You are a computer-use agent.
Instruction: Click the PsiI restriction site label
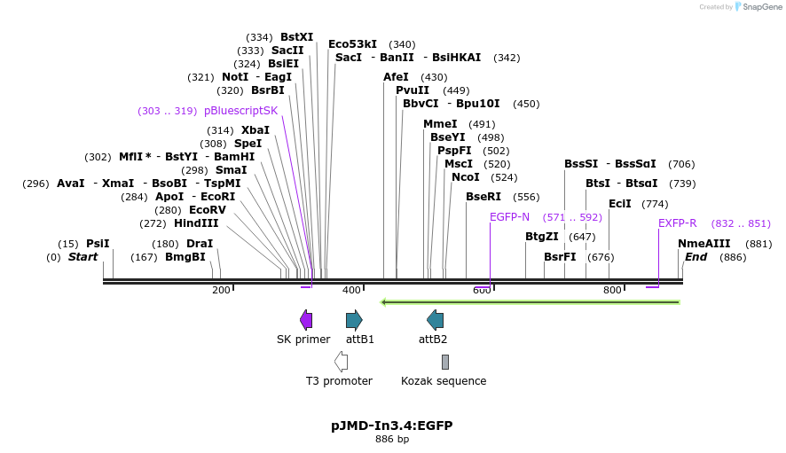[x=98, y=244]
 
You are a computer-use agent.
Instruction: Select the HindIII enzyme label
[x=196, y=223]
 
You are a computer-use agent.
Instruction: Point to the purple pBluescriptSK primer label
[x=240, y=111]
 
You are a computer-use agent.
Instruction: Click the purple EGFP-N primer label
[x=509, y=217]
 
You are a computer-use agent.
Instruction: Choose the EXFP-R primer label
[x=677, y=223]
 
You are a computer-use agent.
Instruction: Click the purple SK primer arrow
[x=306, y=320]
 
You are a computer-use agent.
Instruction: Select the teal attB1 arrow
[x=354, y=320]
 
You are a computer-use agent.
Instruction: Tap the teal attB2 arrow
[x=435, y=320]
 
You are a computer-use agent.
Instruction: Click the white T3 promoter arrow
[x=341, y=362]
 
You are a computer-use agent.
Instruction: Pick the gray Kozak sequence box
[x=445, y=362]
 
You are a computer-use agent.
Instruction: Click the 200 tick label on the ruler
[x=221, y=290]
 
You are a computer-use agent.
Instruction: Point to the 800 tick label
[x=612, y=290]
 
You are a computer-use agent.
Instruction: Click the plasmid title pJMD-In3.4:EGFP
[x=391, y=426]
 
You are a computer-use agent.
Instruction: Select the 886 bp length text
[x=391, y=440]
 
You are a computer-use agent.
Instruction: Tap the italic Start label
[x=83, y=257]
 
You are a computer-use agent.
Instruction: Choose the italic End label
[x=696, y=257]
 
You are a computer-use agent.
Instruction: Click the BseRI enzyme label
[x=483, y=197]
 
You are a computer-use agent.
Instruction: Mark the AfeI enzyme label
[x=396, y=77]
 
